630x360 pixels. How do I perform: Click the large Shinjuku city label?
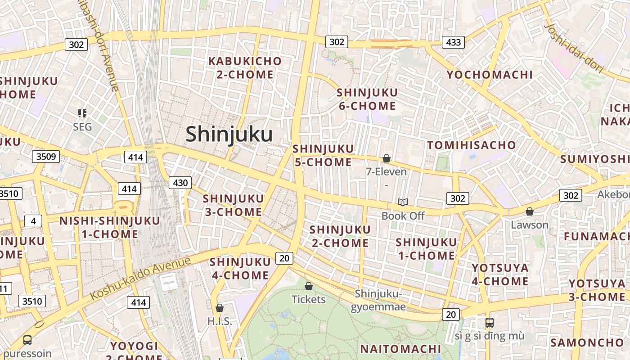229,134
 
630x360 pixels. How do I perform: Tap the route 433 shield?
453,42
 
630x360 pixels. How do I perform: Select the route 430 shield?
180,183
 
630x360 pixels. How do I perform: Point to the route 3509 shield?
46,157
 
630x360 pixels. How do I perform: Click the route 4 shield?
33,221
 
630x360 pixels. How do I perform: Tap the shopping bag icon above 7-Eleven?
386,158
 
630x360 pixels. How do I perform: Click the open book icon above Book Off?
402,202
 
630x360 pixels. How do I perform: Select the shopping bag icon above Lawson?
530,211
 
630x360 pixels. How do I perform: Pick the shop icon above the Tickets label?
309,286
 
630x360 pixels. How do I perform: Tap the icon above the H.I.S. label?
220,308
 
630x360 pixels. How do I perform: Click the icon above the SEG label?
82,113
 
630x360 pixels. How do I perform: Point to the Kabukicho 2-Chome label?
245,67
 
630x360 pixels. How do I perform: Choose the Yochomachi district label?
489,75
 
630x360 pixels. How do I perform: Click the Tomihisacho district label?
471,145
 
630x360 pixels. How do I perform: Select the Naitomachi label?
400,349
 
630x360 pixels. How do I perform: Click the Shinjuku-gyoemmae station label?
378,300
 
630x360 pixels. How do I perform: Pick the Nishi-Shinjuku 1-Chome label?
109,227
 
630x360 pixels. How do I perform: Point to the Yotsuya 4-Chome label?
500,274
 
